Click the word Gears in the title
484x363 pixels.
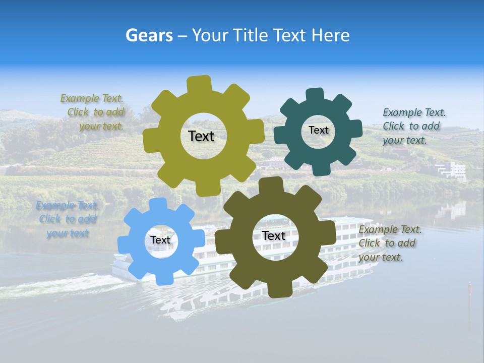coord(149,35)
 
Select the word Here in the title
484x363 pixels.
coord(330,35)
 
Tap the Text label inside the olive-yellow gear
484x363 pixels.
coord(201,136)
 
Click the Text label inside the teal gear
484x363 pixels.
coord(318,130)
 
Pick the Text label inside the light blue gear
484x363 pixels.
coord(160,240)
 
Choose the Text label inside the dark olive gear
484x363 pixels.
coord(273,236)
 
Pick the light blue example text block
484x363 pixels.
coord(67,219)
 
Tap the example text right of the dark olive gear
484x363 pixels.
coord(389,244)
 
